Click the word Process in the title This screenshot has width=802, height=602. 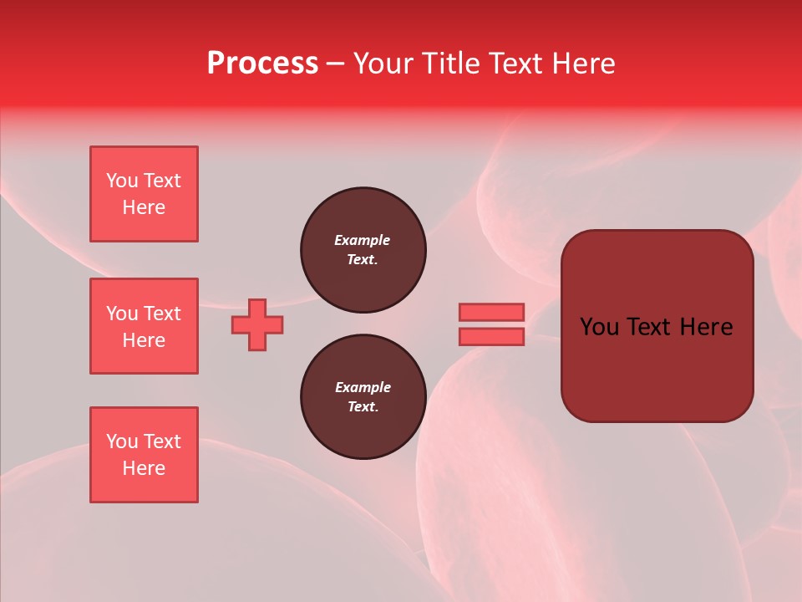pyautogui.click(x=262, y=63)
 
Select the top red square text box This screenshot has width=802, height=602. pyautogui.click(x=144, y=194)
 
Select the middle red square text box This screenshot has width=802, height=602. pyautogui.click(x=144, y=326)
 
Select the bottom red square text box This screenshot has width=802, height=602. pyautogui.click(x=144, y=455)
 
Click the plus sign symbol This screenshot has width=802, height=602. pyautogui.click(x=257, y=324)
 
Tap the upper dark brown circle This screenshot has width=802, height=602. pyautogui.click(x=363, y=250)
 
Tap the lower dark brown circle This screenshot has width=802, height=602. pyautogui.click(x=363, y=397)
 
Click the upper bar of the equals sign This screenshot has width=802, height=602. pyautogui.click(x=491, y=312)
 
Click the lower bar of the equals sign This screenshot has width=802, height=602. pyautogui.click(x=491, y=337)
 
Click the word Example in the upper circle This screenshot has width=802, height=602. pyautogui.click(x=362, y=240)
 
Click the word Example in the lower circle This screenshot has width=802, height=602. pyautogui.click(x=363, y=387)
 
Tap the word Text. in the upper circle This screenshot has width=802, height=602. pyautogui.click(x=363, y=260)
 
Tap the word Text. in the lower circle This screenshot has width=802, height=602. pyautogui.click(x=363, y=407)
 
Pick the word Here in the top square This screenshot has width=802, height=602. pyautogui.click(x=144, y=207)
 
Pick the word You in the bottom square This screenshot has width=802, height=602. pyautogui.click(x=122, y=441)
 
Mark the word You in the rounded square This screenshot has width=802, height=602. pyautogui.click(x=599, y=327)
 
